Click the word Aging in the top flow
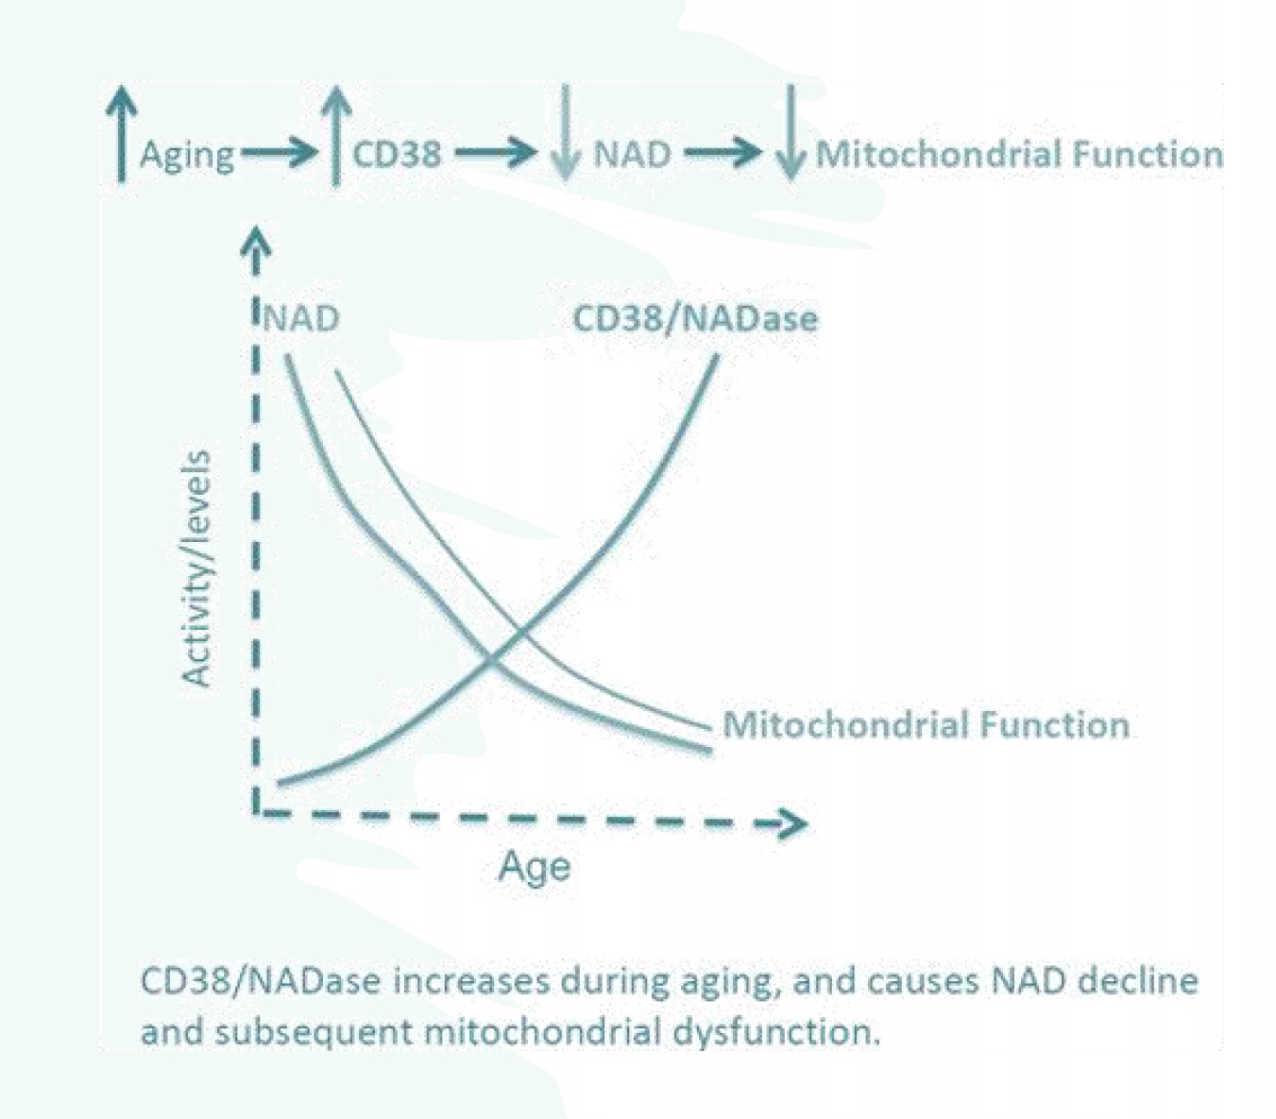(186, 155)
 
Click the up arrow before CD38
(335, 134)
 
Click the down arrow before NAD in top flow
(565, 134)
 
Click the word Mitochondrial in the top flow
(912, 154)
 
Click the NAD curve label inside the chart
(300, 318)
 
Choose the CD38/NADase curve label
(695, 318)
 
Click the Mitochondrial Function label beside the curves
(926, 725)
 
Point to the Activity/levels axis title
(196, 568)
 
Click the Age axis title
(534, 866)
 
